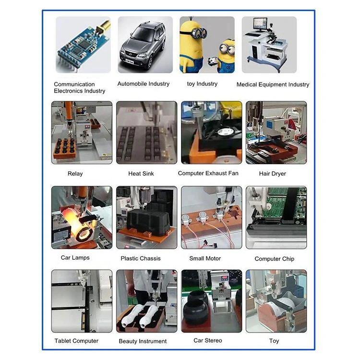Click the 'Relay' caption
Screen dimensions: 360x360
click(x=75, y=174)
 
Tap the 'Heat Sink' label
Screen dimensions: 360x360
click(x=141, y=174)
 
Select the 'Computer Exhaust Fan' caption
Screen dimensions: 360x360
click(x=208, y=173)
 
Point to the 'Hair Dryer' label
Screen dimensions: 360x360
click(x=273, y=174)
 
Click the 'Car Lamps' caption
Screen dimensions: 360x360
click(x=75, y=258)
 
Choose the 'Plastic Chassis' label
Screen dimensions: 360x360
click(x=141, y=258)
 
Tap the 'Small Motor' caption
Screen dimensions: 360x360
click(x=205, y=258)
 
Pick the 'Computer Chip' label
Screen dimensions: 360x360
click(x=275, y=259)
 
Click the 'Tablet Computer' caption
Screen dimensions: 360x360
click(x=76, y=341)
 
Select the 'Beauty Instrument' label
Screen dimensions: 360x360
click(x=143, y=341)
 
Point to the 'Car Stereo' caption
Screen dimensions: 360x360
click(x=208, y=340)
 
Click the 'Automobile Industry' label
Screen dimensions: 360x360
click(x=144, y=84)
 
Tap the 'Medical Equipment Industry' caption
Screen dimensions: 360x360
click(x=273, y=84)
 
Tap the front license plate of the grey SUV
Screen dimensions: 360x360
click(x=129, y=61)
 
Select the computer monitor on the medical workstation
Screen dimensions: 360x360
click(x=260, y=24)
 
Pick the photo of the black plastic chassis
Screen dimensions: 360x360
click(x=147, y=217)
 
